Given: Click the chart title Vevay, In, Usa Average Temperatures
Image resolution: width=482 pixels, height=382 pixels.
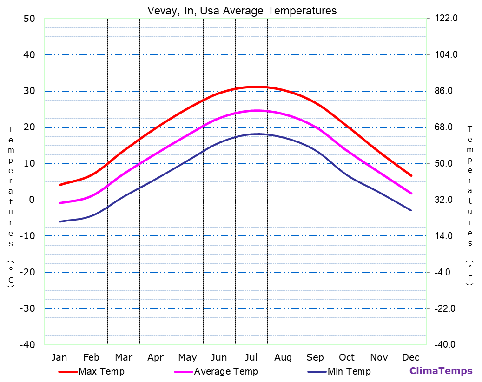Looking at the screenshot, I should pos(242,10).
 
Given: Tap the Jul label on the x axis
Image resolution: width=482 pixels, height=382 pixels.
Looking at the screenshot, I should pos(251,357).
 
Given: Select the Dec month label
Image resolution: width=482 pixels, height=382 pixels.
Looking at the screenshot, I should pos(411,357).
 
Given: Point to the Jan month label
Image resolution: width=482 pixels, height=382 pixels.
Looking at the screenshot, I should pos(59,357).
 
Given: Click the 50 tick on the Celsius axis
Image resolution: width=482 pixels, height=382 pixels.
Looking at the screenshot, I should pos(29,19).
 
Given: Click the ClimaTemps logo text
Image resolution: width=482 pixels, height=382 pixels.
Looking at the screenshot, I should pos(441,371).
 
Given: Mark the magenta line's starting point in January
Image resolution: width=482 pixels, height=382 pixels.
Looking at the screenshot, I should pos(60,203).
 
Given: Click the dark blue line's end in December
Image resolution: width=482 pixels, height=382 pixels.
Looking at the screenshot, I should pos(411,210).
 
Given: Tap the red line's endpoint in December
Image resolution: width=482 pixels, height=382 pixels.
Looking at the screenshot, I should pos(411,175).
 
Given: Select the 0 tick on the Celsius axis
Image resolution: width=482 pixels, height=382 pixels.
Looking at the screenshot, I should pos(32,200).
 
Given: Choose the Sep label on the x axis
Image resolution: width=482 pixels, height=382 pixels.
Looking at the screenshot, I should pos(315,357).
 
